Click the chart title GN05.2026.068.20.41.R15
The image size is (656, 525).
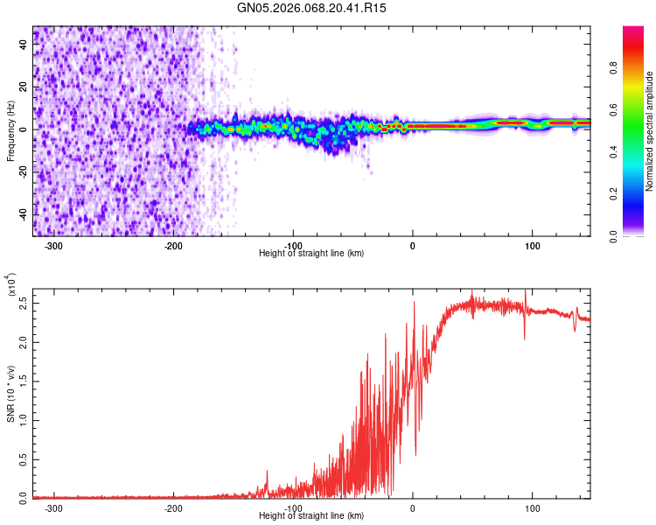(x=311, y=9)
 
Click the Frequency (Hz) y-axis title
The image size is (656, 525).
(x=10, y=131)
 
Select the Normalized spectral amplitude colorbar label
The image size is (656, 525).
(x=649, y=131)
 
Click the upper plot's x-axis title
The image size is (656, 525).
(x=311, y=253)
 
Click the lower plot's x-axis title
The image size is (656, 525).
(x=311, y=515)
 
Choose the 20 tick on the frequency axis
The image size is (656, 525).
(x=23, y=87)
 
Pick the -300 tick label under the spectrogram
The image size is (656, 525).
(x=53, y=246)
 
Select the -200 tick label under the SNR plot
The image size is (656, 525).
(x=173, y=508)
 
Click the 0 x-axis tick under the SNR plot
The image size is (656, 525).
(x=413, y=508)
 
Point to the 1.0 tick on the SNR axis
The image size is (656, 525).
(x=23, y=420)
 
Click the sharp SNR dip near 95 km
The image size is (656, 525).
(x=525, y=337)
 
